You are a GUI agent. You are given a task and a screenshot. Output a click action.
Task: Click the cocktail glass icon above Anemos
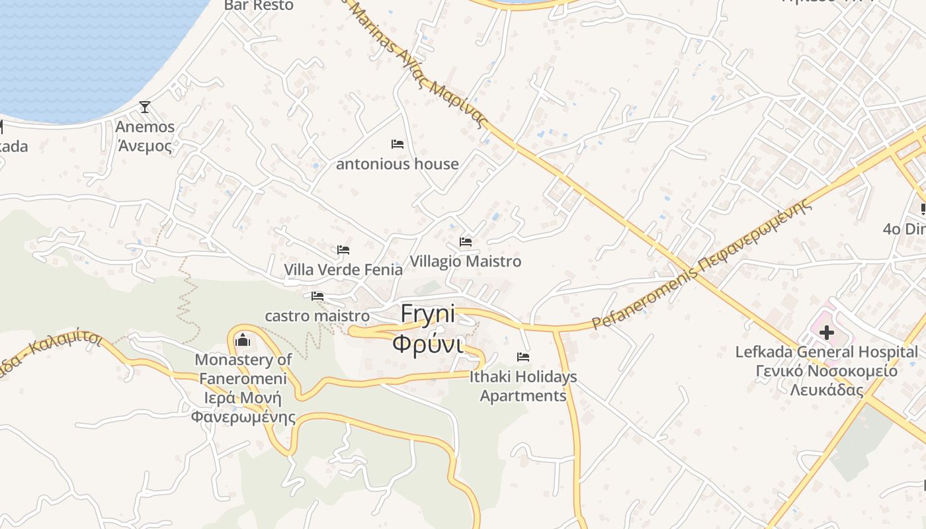coord(145,107)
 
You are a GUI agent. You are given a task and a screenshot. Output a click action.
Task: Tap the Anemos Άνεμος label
coord(145,136)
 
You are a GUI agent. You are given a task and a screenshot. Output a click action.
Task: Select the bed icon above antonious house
coord(398,143)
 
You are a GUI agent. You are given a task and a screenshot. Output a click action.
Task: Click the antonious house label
coord(398,164)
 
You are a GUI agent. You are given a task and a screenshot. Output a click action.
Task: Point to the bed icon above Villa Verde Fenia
coord(343,250)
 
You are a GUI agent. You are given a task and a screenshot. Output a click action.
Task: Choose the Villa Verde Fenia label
coord(343,270)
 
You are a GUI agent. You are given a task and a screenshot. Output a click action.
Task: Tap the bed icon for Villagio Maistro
coord(466,242)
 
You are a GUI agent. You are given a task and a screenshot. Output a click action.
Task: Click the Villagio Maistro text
coord(466,262)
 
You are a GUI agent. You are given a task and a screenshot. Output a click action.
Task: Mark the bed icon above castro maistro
coord(317,296)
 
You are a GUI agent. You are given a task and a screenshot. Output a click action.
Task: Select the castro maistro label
coord(317,316)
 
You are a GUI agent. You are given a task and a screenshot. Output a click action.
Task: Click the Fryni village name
coord(428,313)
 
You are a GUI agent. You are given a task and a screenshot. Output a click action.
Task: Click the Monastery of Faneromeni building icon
coord(243,340)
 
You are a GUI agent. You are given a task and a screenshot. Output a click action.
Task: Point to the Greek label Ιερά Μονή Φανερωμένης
coord(243,408)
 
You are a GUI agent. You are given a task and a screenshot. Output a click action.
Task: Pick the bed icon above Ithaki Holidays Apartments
coord(523,357)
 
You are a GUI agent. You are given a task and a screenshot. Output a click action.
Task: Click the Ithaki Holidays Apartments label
coord(523,386)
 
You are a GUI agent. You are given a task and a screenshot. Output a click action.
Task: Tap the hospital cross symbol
coord(826,333)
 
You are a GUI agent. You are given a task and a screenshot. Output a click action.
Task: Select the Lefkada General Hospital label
coord(827,352)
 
